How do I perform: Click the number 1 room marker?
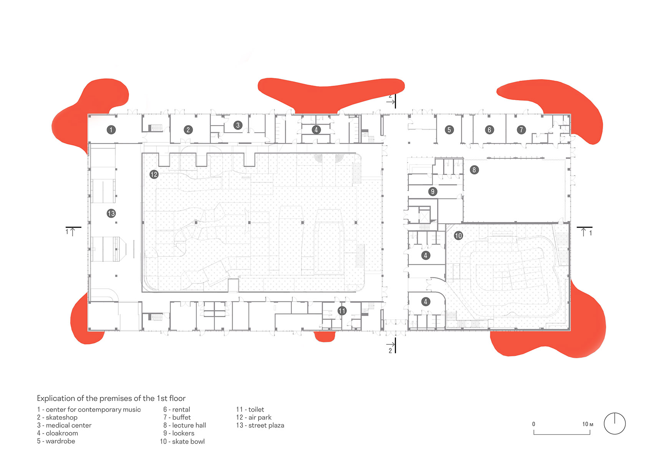coord(111,130)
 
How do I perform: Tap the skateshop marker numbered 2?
coord(188,130)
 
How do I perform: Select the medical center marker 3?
coord(238,125)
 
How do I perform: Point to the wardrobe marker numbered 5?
coord(449,130)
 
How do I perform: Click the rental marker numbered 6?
coord(489,130)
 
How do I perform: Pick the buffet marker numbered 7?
coord(522,130)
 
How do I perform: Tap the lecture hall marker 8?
coord(474,170)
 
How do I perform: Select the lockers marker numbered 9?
coord(433,192)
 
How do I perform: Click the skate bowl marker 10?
coord(458,236)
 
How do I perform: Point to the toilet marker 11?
coord(342,311)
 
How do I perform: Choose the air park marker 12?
coord(154,174)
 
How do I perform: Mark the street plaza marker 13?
coord(111,213)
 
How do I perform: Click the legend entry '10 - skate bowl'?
coord(182,441)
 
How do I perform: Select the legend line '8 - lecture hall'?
coord(184,425)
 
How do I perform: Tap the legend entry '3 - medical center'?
coord(64,425)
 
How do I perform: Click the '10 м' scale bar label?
coord(588,424)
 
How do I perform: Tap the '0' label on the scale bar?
coord(534,424)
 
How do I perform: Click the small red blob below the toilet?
coord(325,336)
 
